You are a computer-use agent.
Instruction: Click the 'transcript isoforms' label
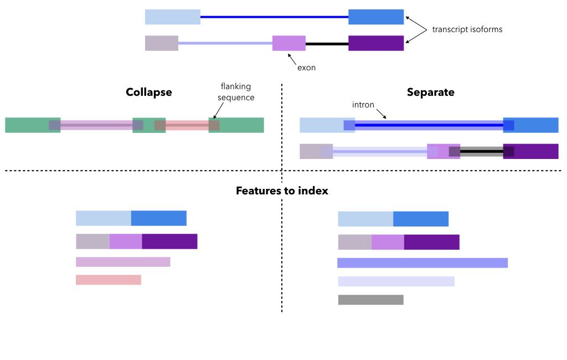(x=467, y=29)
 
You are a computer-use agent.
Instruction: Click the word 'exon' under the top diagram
(x=306, y=68)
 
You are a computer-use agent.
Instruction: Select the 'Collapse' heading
(x=148, y=92)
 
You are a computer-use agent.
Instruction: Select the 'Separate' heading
(x=430, y=92)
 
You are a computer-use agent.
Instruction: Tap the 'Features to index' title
(x=282, y=191)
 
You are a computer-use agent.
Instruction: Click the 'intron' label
(x=363, y=105)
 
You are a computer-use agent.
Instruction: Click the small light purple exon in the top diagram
(x=288, y=43)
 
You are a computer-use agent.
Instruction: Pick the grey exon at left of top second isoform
(x=161, y=43)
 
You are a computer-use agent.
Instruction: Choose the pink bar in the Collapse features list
(x=108, y=280)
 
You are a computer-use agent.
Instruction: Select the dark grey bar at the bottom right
(x=370, y=300)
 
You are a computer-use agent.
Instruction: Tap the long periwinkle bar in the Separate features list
(x=422, y=263)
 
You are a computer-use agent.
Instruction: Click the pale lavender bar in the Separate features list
(x=396, y=281)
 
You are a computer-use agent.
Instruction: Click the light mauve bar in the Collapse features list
(x=122, y=262)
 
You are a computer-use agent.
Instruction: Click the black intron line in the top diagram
(x=327, y=43)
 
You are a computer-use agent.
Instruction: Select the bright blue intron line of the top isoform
(x=274, y=17)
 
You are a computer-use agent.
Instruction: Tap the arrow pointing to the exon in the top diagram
(x=292, y=59)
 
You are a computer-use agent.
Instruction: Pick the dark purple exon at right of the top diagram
(x=375, y=43)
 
